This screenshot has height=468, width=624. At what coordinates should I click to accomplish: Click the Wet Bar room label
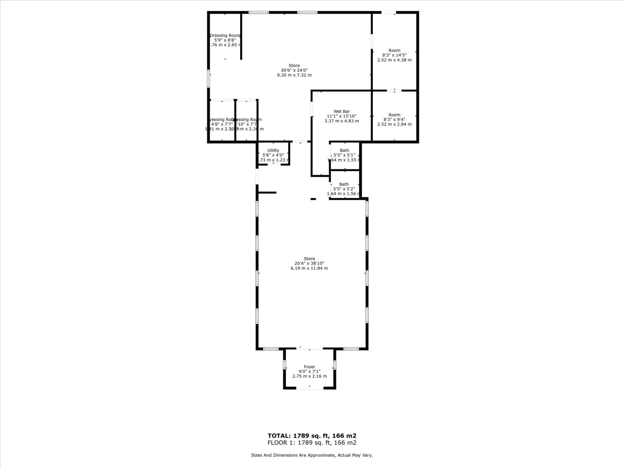[342, 112]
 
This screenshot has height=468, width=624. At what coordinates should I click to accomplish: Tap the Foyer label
[310, 367]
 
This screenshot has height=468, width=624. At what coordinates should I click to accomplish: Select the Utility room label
[273, 151]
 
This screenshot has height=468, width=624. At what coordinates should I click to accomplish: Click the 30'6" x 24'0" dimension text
[294, 70]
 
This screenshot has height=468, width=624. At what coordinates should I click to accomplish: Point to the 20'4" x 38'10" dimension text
[309, 263]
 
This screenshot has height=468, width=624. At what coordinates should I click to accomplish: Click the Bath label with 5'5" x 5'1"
[344, 151]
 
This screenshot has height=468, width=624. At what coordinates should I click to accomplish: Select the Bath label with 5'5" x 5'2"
[344, 184]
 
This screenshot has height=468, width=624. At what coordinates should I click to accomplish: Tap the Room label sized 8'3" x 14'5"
[394, 50]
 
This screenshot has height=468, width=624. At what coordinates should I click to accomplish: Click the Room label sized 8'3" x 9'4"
[394, 115]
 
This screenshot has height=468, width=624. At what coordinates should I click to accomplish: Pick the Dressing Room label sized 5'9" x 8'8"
[225, 35]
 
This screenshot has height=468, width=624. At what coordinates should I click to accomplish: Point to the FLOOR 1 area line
[312, 443]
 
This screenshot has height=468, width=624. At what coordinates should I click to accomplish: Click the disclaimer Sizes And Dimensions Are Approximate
[312, 455]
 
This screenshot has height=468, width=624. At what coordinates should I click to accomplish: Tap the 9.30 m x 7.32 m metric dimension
[294, 75]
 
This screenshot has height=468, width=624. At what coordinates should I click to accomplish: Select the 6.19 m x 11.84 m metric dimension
[309, 268]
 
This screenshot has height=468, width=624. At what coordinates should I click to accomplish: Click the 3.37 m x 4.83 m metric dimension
[342, 121]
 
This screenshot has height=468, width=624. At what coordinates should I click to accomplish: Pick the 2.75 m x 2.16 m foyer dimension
[310, 376]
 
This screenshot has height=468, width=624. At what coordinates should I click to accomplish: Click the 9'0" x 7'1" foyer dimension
[310, 371]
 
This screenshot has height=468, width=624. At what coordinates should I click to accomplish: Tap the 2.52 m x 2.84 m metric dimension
[394, 124]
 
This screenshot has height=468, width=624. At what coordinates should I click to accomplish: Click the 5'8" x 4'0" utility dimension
[273, 155]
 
